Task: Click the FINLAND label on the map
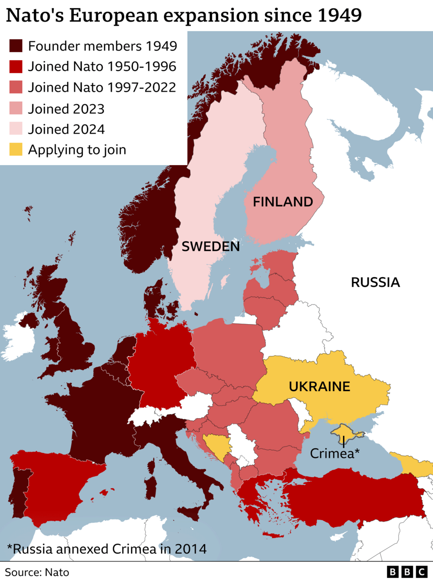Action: click(283, 202)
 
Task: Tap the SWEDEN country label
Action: click(210, 246)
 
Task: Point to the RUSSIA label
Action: click(375, 282)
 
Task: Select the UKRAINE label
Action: click(319, 386)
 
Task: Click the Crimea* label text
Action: click(335, 453)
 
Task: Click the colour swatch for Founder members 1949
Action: click(16, 46)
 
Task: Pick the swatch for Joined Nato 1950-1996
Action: click(16, 67)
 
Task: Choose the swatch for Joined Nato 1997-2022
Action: click(16, 87)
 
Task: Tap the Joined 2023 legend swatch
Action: click(16, 108)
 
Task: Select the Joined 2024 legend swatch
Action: click(16, 129)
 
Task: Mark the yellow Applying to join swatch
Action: click(16, 150)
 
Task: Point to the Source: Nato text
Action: click(37, 572)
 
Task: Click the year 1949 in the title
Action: click(340, 16)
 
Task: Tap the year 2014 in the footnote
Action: click(190, 549)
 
